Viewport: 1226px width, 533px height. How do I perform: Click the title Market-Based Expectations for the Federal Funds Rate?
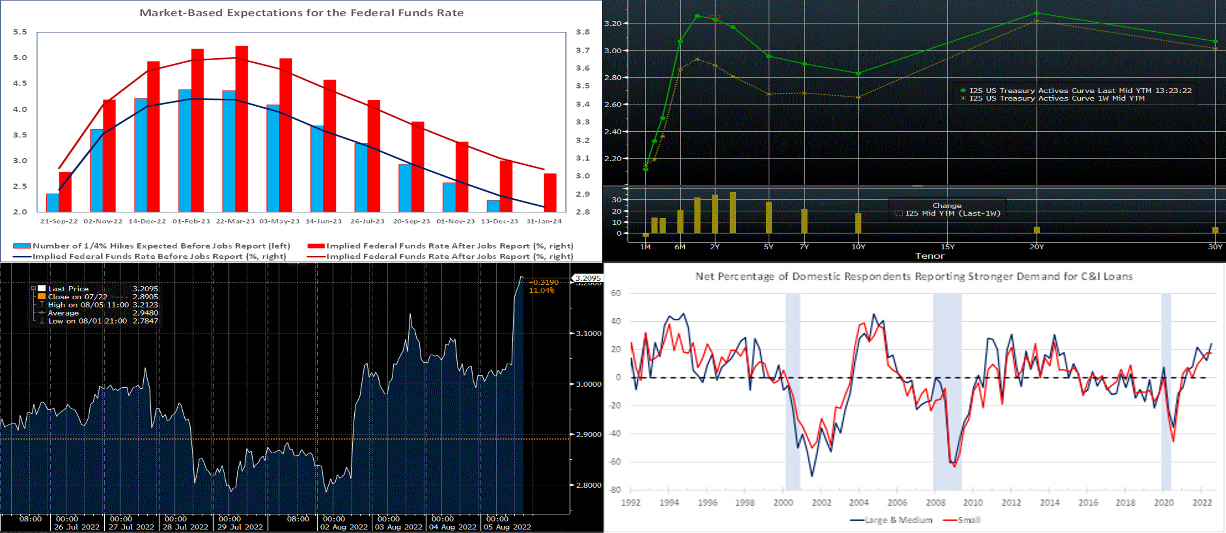point(301,13)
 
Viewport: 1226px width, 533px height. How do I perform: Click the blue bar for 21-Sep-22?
point(52,203)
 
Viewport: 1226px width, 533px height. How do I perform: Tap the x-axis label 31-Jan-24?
point(544,221)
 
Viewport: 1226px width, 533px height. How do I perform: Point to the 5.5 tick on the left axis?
point(20,32)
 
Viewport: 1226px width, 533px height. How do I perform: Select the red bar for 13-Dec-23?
point(506,186)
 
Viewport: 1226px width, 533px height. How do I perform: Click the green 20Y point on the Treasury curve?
point(1037,13)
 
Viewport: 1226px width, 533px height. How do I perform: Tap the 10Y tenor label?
point(858,246)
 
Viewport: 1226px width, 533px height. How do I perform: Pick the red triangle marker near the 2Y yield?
point(715,18)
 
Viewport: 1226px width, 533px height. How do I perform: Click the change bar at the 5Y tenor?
point(769,217)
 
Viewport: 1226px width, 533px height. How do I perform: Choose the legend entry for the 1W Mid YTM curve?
point(1056,98)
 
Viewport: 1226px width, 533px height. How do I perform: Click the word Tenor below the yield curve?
point(930,256)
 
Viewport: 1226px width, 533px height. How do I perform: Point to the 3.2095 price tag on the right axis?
point(588,278)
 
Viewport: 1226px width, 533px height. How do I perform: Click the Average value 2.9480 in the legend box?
point(145,313)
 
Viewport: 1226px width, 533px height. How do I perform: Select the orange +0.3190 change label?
point(544,282)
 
